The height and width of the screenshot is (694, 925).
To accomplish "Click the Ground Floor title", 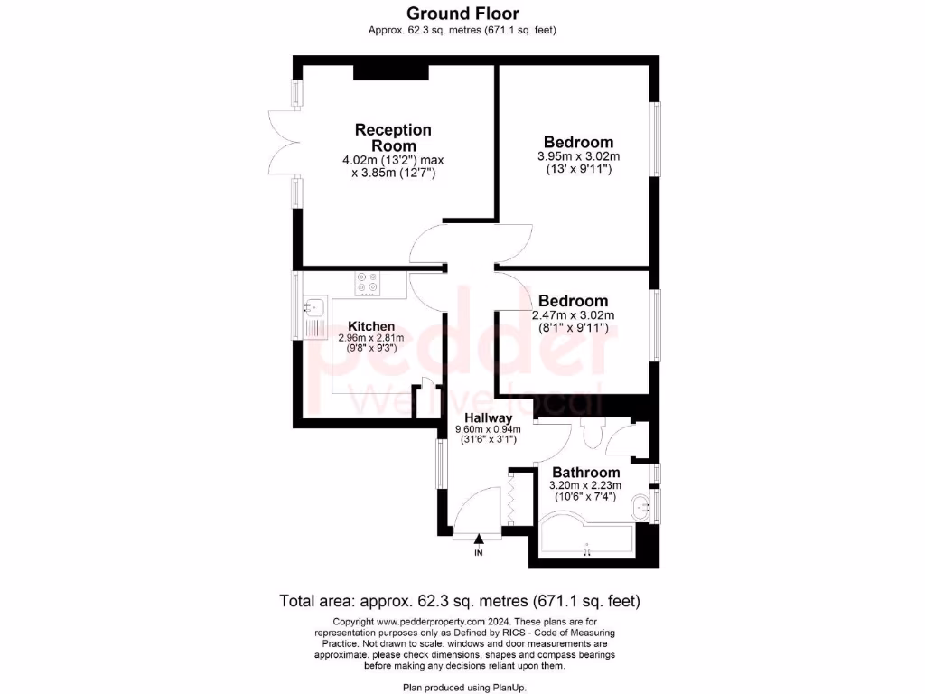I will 462,13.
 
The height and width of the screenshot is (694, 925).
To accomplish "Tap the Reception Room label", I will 393,137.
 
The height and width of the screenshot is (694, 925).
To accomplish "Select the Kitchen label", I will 371,326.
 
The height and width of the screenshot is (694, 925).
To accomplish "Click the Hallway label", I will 488,417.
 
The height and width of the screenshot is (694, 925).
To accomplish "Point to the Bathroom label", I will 586,473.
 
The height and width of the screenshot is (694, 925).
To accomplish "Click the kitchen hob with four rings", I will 368,284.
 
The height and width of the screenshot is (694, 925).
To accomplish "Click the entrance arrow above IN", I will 479,540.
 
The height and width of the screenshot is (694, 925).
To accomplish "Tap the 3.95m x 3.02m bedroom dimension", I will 578,156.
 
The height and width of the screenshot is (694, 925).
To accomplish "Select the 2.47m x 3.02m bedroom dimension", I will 573,315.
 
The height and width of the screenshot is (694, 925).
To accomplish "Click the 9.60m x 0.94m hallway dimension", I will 488,429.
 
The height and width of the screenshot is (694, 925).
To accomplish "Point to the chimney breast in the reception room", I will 378,72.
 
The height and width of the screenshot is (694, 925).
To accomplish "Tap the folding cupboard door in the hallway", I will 511,500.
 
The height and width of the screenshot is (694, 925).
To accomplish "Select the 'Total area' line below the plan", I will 462,600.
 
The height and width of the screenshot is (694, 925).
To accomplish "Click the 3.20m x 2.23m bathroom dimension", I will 586,485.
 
